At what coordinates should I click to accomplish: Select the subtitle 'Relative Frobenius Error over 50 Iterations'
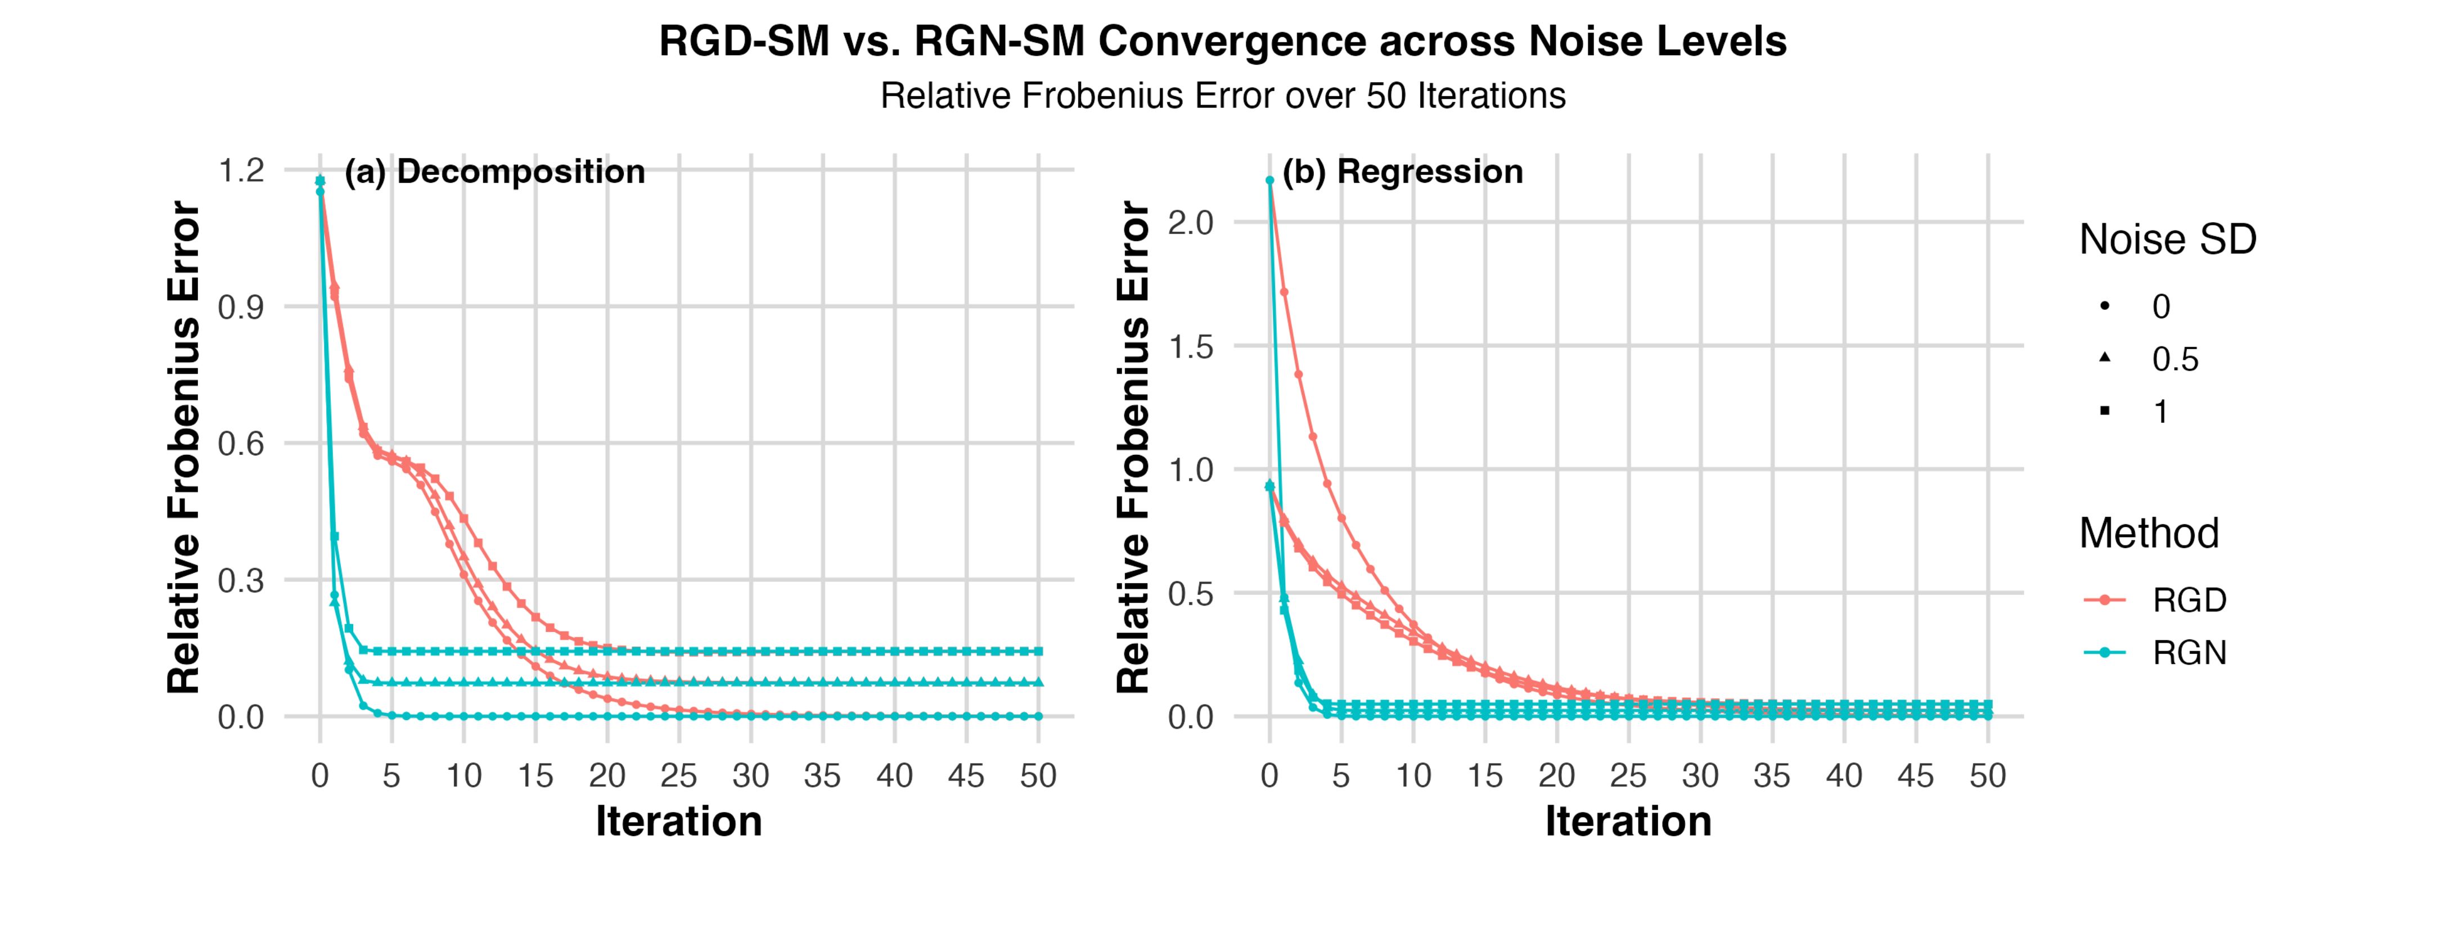[x=1223, y=96]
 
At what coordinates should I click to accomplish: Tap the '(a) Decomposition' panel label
[x=494, y=172]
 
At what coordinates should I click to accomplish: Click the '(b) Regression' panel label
[x=1402, y=172]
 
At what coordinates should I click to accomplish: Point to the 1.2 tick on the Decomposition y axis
[x=241, y=171]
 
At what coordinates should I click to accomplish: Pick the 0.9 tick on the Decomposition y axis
[x=241, y=308]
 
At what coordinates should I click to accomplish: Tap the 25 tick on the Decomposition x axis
[x=679, y=777]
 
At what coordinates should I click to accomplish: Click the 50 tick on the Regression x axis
[x=1988, y=777]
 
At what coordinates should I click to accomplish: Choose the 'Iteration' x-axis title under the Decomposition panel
[x=679, y=821]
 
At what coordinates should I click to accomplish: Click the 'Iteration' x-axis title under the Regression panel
[x=1628, y=821]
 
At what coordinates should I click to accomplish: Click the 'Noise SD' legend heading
[x=2168, y=240]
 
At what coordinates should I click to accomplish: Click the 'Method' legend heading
[x=2149, y=534]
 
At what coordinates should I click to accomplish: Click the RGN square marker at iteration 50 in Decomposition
[x=1038, y=651]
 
